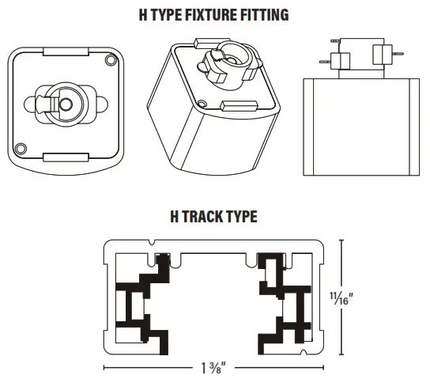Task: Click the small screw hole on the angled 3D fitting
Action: point(204,104)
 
